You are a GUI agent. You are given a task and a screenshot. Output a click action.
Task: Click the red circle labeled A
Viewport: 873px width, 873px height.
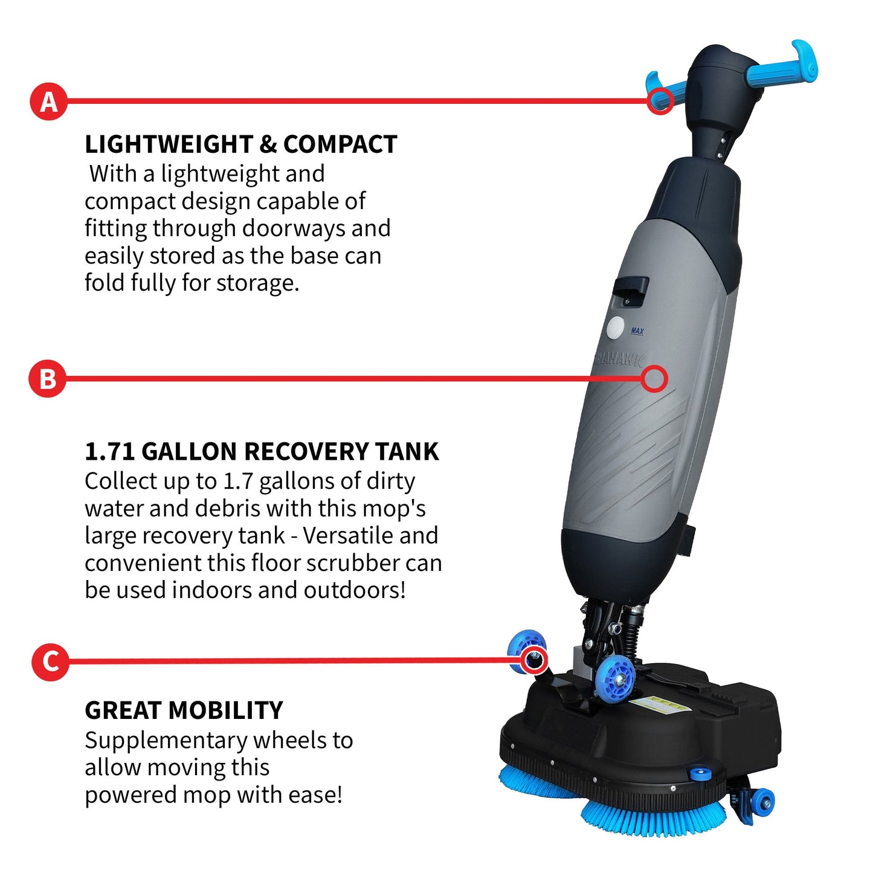[48, 101]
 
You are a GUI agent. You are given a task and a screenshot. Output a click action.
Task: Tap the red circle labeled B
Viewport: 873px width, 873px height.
[47, 379]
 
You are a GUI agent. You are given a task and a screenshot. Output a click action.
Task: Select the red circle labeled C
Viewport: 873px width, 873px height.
[50, 661]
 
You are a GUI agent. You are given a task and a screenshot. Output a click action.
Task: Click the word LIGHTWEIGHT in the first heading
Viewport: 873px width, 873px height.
[167, 144]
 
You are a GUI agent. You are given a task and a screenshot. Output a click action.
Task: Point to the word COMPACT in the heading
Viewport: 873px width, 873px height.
[340, 144]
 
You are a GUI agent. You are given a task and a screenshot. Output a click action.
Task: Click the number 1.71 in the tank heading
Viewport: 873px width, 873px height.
[109, 452]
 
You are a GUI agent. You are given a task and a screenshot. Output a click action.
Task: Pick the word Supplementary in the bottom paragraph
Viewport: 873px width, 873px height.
[162, 740]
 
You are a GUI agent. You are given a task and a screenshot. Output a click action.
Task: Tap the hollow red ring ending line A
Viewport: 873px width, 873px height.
[660, 101]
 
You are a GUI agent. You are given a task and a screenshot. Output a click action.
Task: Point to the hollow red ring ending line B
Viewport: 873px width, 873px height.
[654, 379]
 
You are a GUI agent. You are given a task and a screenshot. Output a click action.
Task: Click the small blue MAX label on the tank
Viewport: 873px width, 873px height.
[637, 331]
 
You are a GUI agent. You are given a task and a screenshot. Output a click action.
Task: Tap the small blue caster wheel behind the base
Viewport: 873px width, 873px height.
[763, 801]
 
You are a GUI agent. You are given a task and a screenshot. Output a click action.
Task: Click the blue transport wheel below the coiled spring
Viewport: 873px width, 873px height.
[614, 676]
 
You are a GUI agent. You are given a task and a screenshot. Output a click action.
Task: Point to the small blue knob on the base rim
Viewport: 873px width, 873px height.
[700, 774]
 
